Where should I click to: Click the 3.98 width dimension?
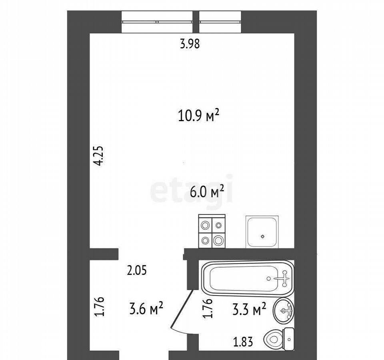click(190, 44)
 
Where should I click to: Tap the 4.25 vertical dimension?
click(100, 156)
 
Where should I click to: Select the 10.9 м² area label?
click(198, 116)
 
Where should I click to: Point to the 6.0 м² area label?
click(207, 191)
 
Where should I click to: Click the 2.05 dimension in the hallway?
click(137, 271)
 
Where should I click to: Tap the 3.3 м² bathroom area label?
click(249, 309)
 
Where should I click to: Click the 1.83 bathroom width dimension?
click(243, 342)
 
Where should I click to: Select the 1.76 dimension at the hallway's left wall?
click(100, 307)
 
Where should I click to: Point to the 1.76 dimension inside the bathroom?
click(208, 308)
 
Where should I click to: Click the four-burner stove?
click(212, 231)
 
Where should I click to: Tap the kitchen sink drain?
click(263, 236)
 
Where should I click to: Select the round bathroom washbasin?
click(284, 311)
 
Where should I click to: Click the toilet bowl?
click(273, 340)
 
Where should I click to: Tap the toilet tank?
click(288, 340)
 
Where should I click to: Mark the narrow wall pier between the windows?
click(196, 22)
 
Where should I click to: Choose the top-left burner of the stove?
click(205, 224)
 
